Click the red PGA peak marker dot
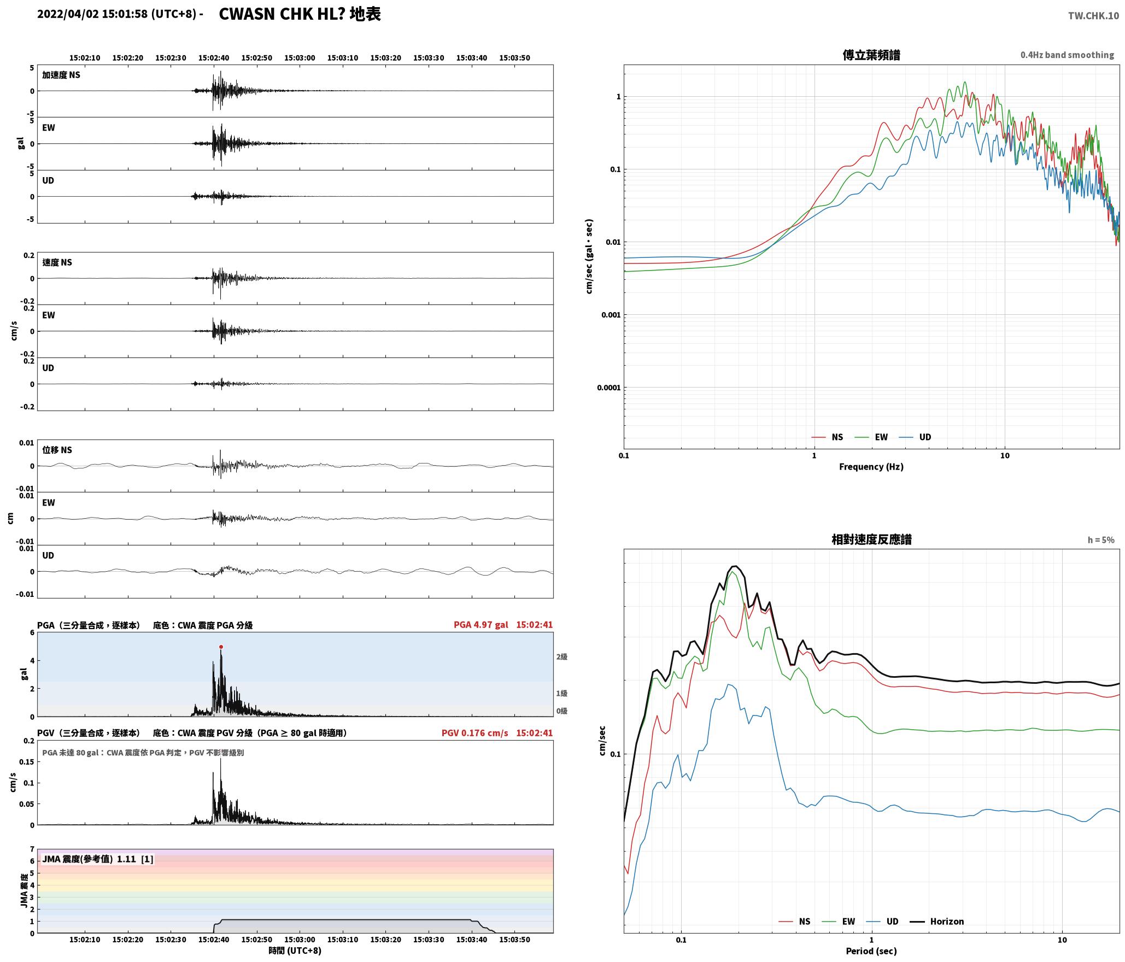click(221, 647)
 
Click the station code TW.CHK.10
click(1093, 16)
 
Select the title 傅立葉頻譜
click(871, 55)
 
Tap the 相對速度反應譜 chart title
click(871, 539)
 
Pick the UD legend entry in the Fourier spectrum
click(915, 437)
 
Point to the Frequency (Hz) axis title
click(871, 467)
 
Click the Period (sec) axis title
click(871, 951)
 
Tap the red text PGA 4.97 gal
click(481, 625)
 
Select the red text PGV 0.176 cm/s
click(475, 733)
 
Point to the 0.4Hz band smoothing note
click(1067, 55)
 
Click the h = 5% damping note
click(1101, 540)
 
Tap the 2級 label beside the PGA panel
click(562, 657)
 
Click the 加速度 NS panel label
click(61, 75)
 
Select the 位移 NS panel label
click(57, 450)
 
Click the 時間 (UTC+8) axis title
click(295, 951)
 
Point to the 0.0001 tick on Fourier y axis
click(608, 388)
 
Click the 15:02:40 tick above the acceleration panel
click(214, 58)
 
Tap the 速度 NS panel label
click(57, 262)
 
